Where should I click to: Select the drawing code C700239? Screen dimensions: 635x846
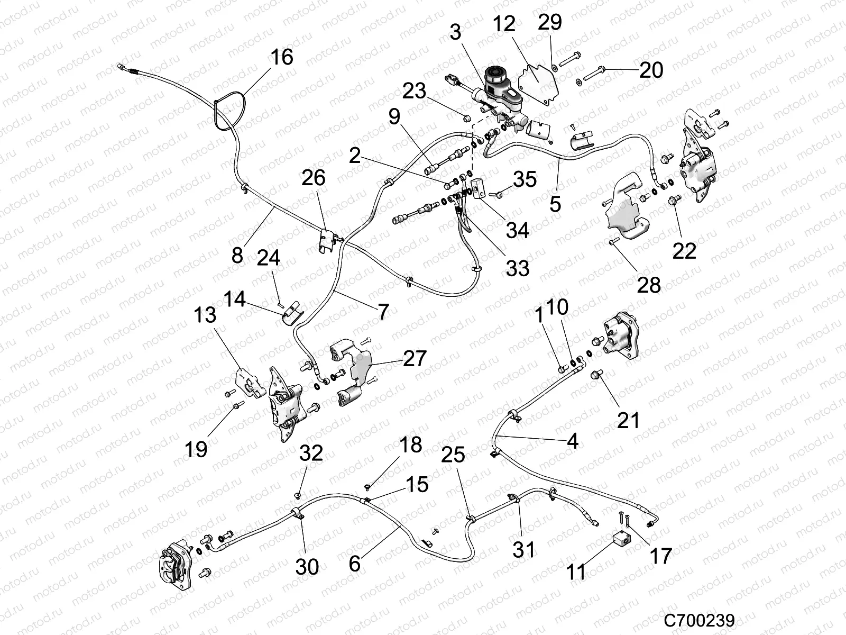tap(700, 620)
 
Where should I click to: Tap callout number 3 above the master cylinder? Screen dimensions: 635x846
tap(456, 32)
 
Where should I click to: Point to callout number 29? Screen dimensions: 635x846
tap(550, 23)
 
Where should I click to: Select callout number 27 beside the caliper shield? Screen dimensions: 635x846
tap(414, 358)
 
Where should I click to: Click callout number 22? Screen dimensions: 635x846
tap(684, 251)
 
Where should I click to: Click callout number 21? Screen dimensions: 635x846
tap(628, 420)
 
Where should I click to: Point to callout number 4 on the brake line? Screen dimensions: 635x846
tap(572, 440)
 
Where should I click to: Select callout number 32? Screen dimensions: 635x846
tap(311, 453)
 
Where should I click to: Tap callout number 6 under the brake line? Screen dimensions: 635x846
tap(355, 564)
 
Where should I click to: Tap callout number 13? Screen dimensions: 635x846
tap(205, 315)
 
